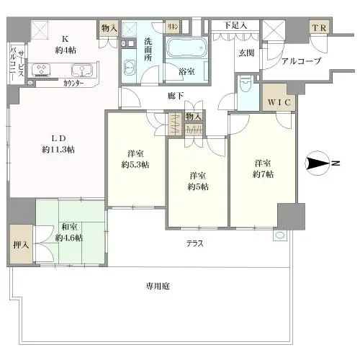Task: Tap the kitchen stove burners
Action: coord(42,71)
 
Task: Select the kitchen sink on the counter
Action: coord(81,71)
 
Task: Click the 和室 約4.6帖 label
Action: coord(71,231)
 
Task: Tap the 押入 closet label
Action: coord(21,245)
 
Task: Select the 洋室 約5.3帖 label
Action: coord(135,159)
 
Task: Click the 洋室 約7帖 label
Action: coord(261,169)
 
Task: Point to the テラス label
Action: coord(194,243)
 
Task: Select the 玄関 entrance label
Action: coord(246,52)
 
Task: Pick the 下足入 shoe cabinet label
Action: coord(235,26)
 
